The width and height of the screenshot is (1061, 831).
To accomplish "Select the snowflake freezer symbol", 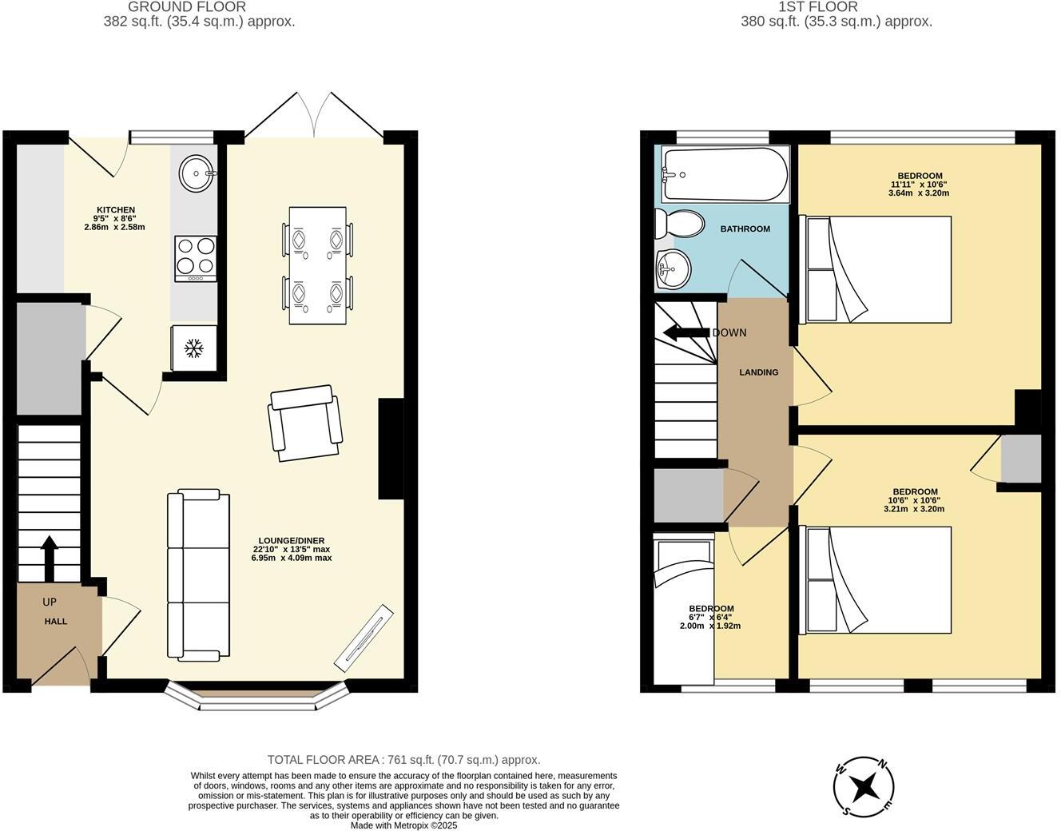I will point(193,348).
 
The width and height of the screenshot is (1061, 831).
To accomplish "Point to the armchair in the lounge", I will point(304,423).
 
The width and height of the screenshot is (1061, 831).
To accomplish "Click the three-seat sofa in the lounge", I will point(198,577).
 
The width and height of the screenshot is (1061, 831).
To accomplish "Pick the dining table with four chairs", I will point(319,265).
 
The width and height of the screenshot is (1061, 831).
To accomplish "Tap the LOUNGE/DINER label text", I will point(291,541).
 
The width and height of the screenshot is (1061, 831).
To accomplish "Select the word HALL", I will point(56,622).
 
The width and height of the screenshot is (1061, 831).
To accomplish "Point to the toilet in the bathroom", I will point(678,224).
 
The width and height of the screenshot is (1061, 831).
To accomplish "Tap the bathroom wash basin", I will point(672,268).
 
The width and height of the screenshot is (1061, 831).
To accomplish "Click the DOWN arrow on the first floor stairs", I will point(686,333).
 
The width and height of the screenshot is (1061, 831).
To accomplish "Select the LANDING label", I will point(758,372).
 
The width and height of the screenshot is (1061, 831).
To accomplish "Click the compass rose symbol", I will point(864,788).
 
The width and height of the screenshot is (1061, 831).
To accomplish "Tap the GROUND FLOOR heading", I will point(187,6).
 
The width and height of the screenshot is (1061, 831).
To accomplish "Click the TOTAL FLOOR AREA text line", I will point(403,760).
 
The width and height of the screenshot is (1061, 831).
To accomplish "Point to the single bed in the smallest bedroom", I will point(683,611).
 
